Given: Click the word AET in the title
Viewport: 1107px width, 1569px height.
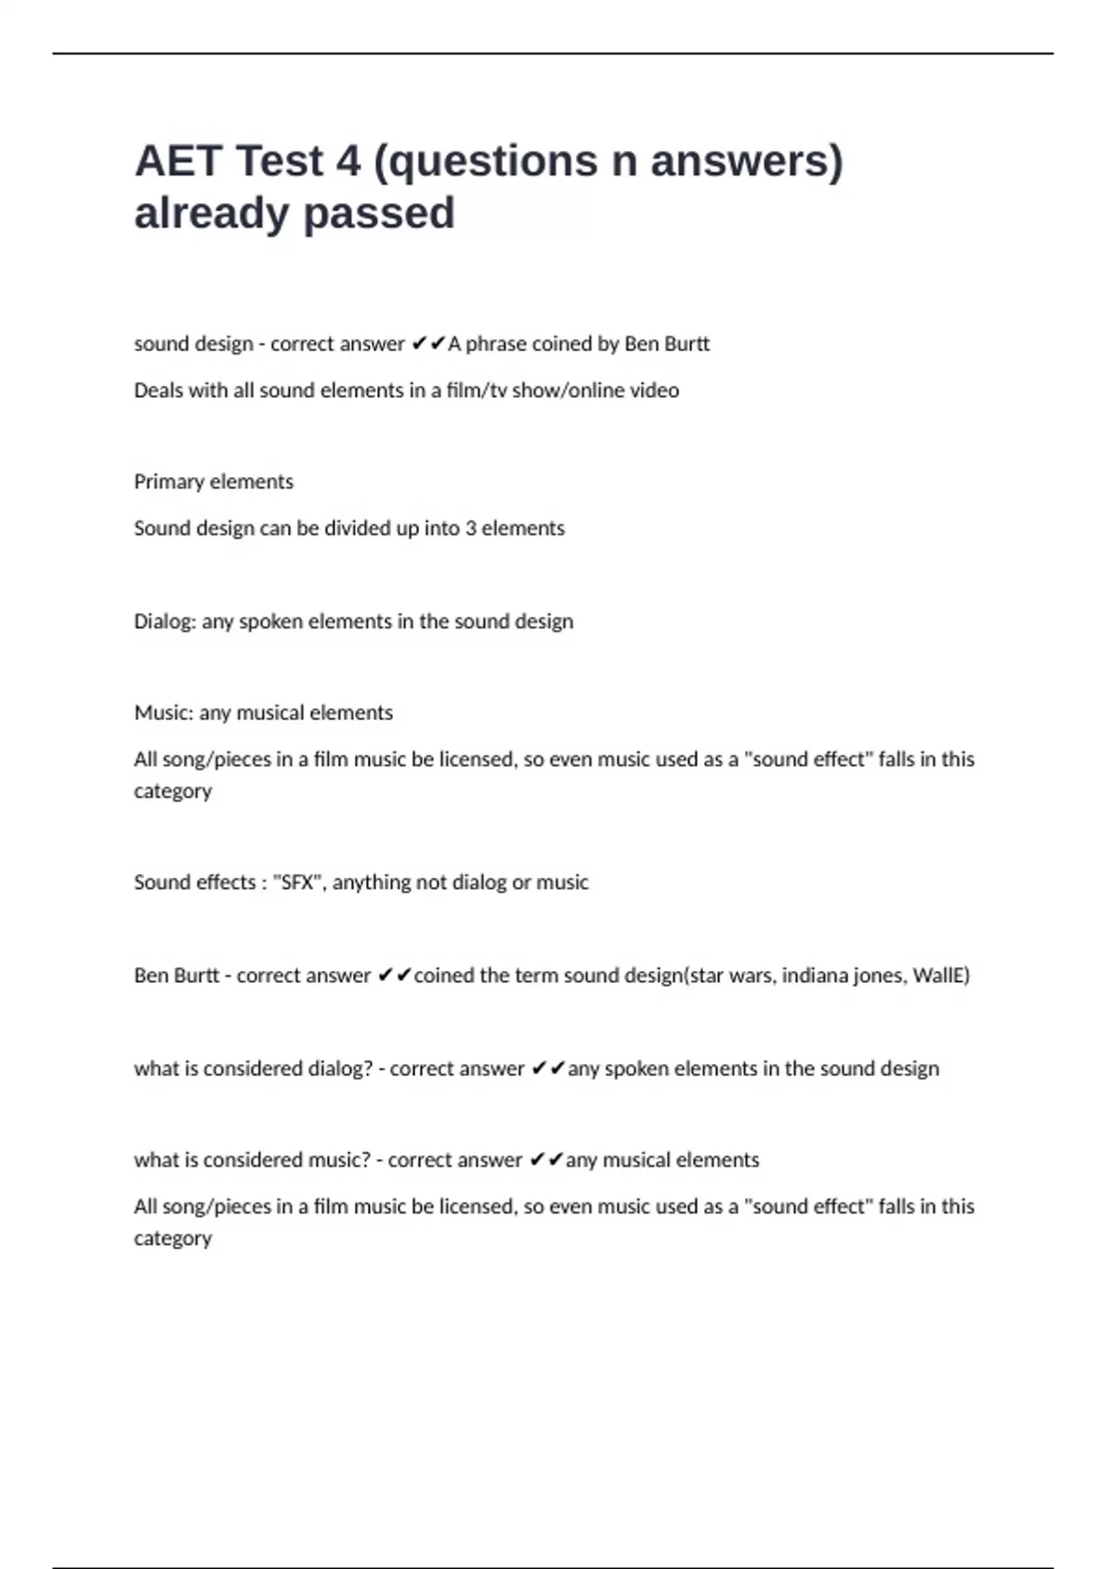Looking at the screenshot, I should (x=178, y=162).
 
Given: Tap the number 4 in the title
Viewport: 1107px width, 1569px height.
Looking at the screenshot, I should (x=348, y=162).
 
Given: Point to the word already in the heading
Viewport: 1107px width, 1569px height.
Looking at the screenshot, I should (x=212, y=213).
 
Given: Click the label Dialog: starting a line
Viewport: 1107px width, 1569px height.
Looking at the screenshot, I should (x=165, y=622).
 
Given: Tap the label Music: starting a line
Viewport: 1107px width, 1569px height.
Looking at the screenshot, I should (x=164, y=713).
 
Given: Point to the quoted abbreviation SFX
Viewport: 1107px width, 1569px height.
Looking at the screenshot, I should (x=298, y=882).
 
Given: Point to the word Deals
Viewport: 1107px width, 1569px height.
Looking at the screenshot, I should (x=159, y=390).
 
